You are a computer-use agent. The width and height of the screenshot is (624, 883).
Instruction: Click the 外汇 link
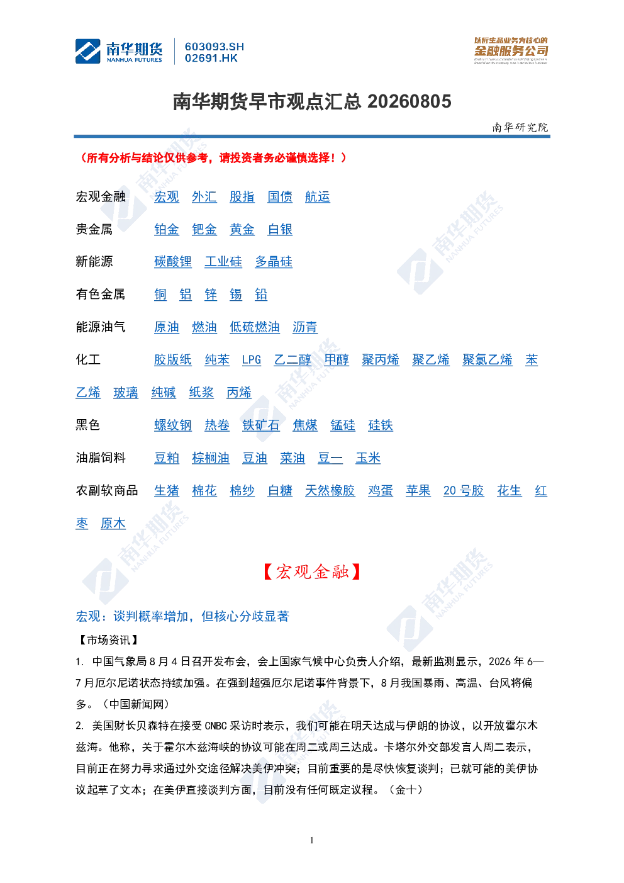point(204,197)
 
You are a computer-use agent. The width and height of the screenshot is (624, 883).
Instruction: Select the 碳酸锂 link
point(173,262)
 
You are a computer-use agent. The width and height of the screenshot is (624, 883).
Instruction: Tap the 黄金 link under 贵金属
point(242,230)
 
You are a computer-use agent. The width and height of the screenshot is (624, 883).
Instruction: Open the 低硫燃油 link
point(255,327)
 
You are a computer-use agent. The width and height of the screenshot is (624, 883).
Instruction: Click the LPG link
point(252,360)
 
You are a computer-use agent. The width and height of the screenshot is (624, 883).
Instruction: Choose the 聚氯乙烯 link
point(487,360)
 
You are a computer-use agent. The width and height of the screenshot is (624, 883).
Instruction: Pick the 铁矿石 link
point(261,425)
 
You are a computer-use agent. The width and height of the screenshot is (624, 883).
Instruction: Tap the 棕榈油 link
point(210,458)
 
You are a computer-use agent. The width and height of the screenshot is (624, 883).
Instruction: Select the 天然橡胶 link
point(330,491)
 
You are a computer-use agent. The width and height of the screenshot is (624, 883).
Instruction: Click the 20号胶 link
point(463,491)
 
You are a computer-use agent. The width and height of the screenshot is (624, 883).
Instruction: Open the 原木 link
point(113,524)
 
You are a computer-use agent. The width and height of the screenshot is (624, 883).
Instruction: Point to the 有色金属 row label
point(101,295)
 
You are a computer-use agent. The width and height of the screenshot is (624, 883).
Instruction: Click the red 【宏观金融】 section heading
point(311,571)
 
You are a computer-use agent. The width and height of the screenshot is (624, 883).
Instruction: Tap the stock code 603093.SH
point(214,47)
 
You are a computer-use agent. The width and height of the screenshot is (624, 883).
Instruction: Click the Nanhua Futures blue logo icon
point(88,51)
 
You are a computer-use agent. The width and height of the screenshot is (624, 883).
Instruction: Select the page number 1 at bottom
point(311,840)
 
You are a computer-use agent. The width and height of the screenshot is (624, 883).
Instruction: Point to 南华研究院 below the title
point(520,127)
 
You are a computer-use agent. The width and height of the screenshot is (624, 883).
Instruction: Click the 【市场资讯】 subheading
point(108,640)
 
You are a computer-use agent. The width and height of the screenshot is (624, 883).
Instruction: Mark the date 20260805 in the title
point(409,101)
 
